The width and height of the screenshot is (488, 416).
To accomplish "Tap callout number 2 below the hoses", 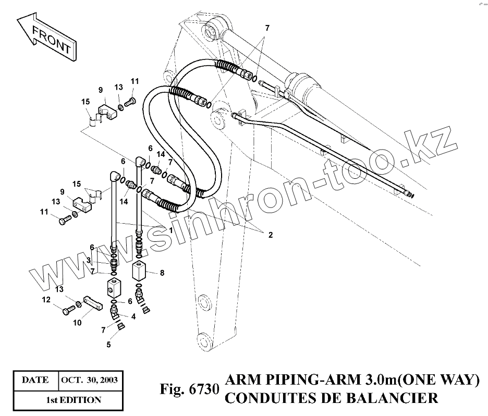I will (270, 235).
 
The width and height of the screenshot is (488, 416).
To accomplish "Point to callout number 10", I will (77, 323).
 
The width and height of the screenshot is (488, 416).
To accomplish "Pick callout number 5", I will (108, 344).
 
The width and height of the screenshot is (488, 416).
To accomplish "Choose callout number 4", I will (133, 316).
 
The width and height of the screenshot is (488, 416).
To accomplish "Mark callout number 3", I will (89, 260).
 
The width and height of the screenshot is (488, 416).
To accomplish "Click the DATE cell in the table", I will (34, 380).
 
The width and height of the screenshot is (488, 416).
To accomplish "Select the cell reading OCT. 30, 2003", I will (89, 380).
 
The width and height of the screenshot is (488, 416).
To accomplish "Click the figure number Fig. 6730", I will (189, 390).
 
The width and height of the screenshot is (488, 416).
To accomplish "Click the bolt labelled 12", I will (67, 311).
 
